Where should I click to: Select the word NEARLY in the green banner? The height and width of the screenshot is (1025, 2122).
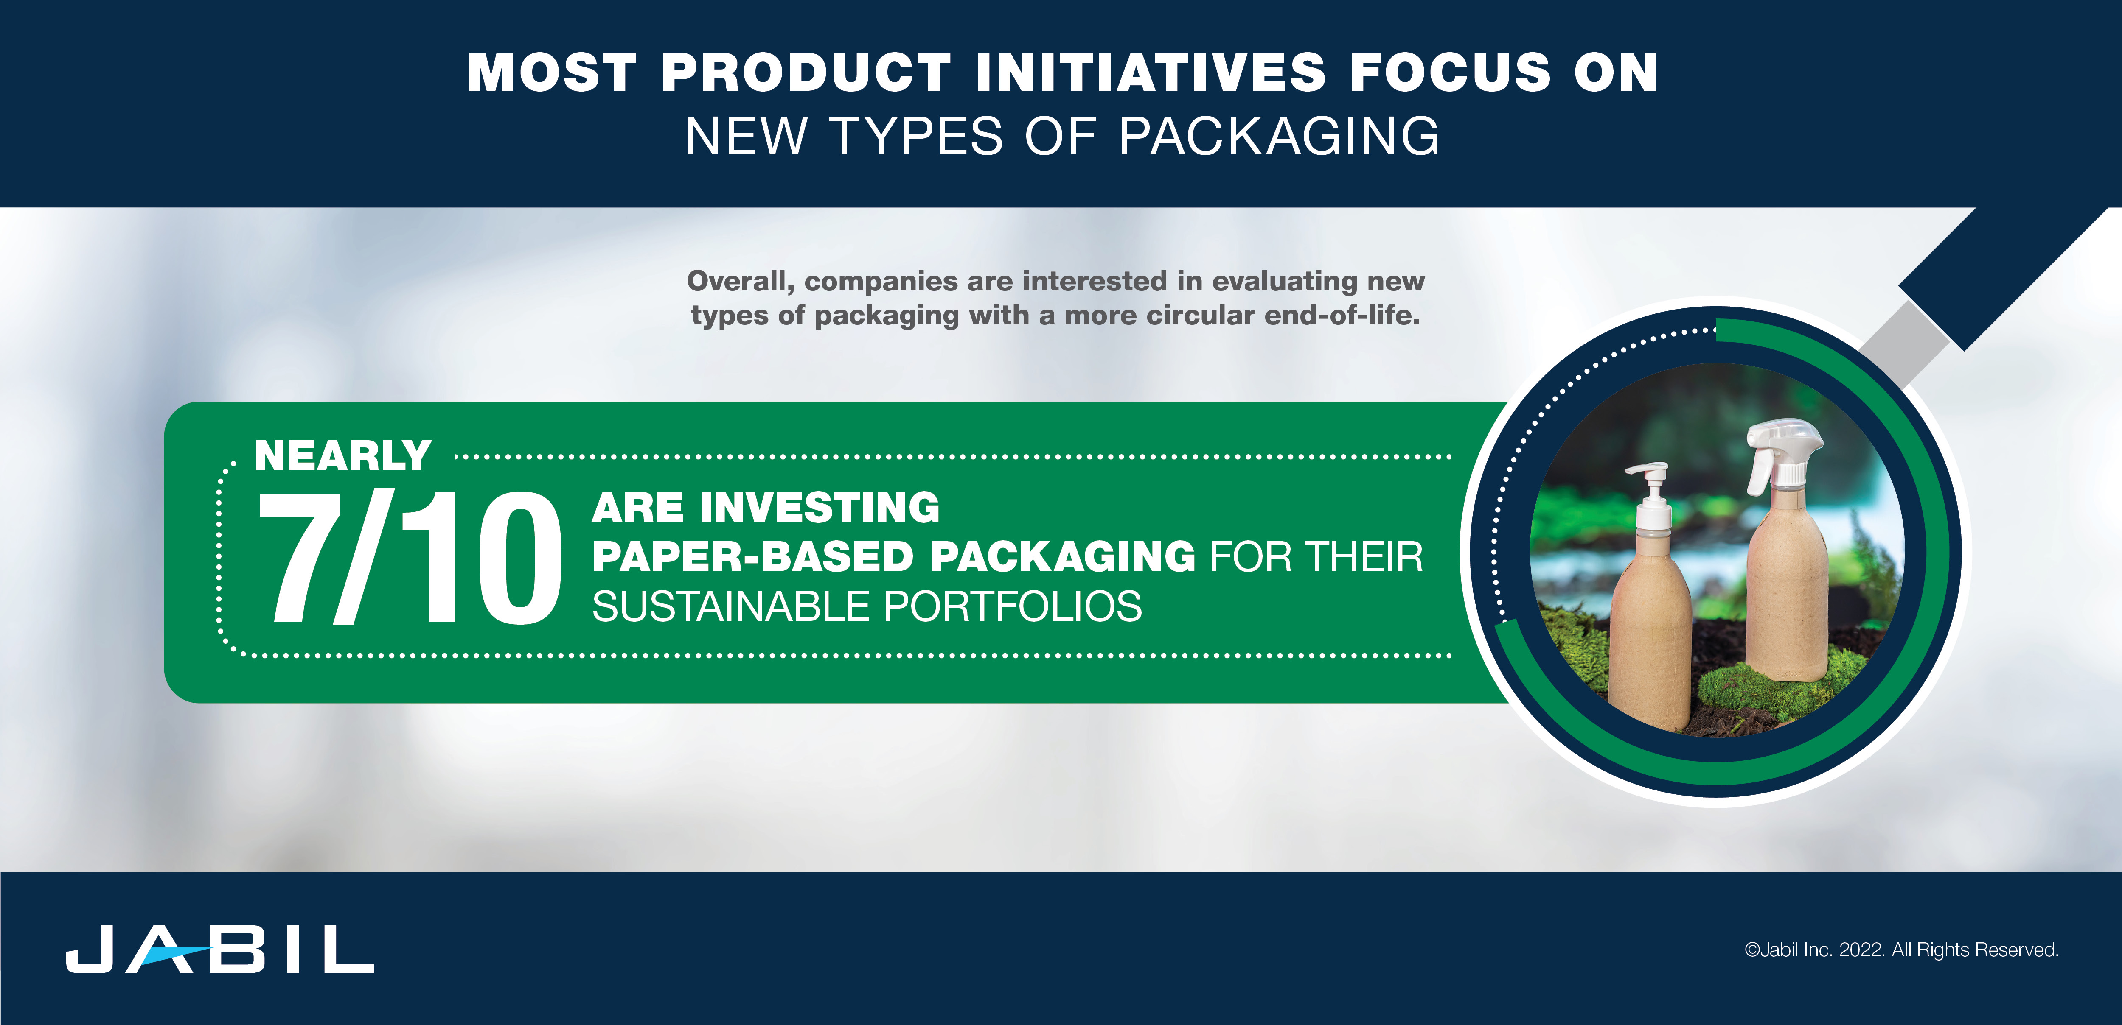pyautogui.click(x=342, y=456)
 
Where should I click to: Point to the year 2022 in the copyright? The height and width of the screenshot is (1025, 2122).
pyautogui.click(x=1860, y=950)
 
